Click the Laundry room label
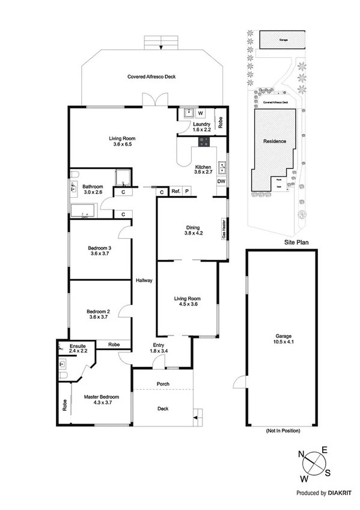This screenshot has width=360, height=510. coord(201,125)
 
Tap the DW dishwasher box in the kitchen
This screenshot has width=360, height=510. coord(221,181)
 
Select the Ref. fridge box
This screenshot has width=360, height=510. coord(176,191)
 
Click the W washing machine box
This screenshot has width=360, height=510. coord(201,112)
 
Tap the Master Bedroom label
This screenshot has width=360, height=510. coord(100,397)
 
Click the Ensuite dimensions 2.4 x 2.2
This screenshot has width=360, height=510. coord(78,352)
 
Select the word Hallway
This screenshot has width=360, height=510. coord(144,281)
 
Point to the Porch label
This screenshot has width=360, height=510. coord(162,384)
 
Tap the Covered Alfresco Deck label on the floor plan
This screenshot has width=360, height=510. coord(151,77)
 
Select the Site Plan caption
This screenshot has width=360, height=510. coord(296,243)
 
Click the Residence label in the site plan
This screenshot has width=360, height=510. coord(274,141)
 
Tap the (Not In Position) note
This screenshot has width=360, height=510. coord(282,431)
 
